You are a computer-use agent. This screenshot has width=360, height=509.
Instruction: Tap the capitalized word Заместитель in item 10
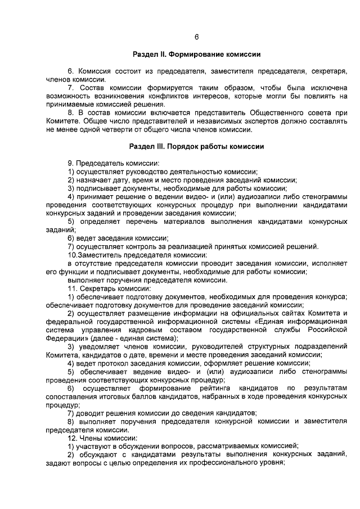(100, 255)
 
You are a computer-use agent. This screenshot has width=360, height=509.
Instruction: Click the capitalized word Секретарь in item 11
(98, 288)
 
